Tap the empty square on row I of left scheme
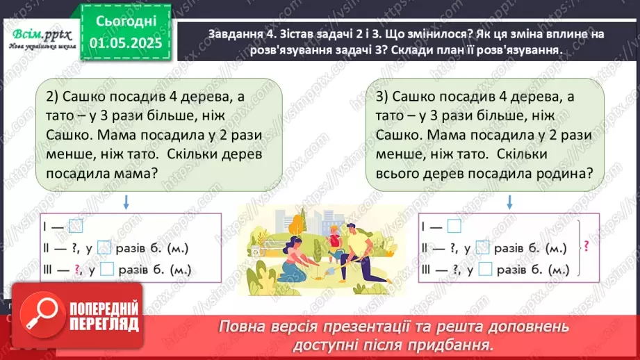coord(76,226)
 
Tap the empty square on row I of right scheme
coord(454,226)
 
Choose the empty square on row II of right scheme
coord(485,247)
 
